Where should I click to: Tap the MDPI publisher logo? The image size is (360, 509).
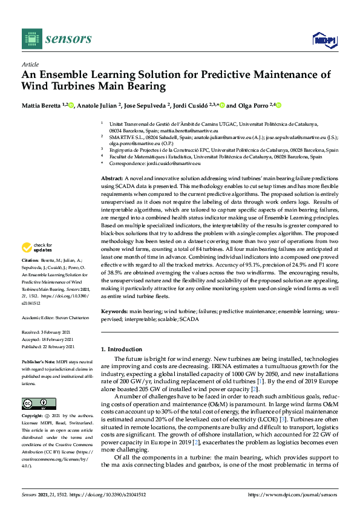pyautogui.click(x=324, y=40)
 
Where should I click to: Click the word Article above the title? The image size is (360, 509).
pyautogui.click(x=30, y=64)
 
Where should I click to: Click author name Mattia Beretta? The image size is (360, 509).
pyautogui.click(x=42, y=105)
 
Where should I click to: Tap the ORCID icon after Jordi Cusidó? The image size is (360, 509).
pyautogui.click(x=223, y=105)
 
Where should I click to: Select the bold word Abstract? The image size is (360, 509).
pyautogui.click(x=111, y=180)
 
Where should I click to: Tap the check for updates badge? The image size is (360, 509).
pyautogui.click(x=35, y=247)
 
